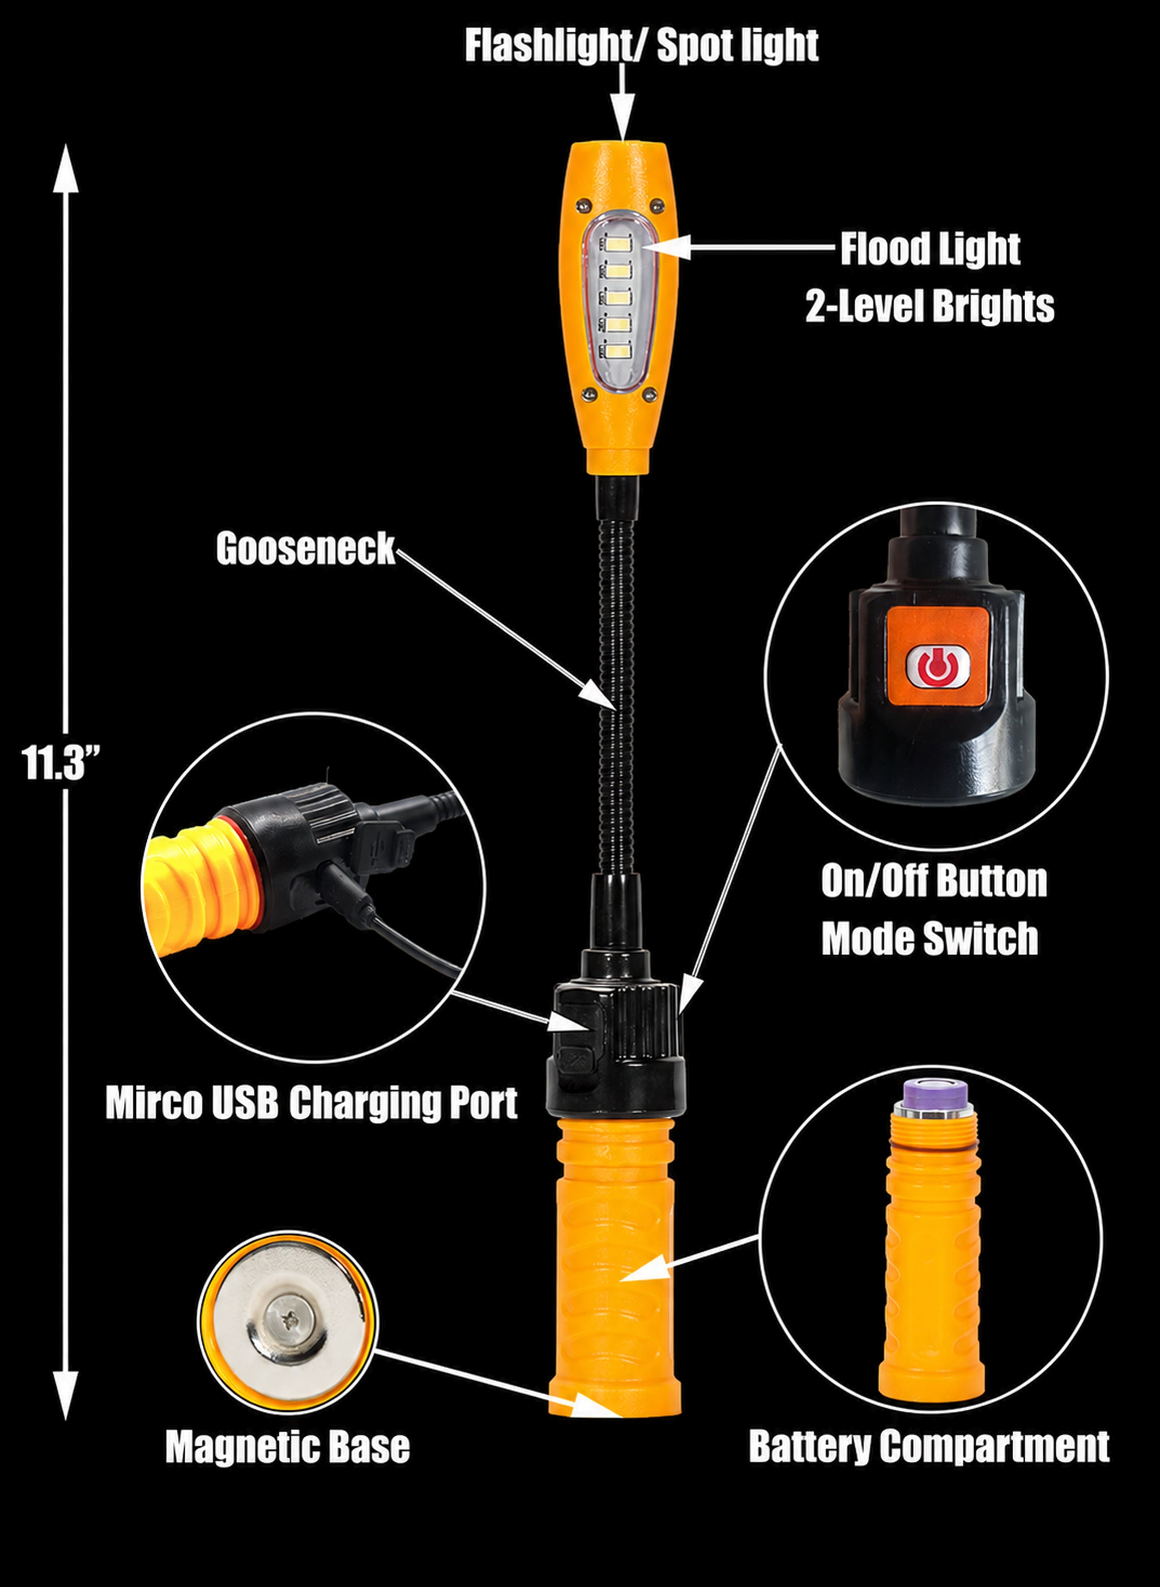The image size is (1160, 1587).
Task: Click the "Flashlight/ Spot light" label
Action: pyautogui.click(x=641, y=46)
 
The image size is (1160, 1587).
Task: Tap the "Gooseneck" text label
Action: pyautogui.click(x=305, y=549)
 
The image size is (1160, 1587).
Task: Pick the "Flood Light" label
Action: pyautogui.click(x=931, y=249)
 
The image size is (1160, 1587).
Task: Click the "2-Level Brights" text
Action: pyautogui.click(x=929, y=305)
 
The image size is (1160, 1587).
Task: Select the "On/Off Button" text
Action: pyautogui.click(x=934, y=880)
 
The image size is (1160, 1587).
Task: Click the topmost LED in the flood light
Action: pyautogui.click(x=621, y=245)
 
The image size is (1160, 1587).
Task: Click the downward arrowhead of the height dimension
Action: pyautogui.click(x=65, y=1394)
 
